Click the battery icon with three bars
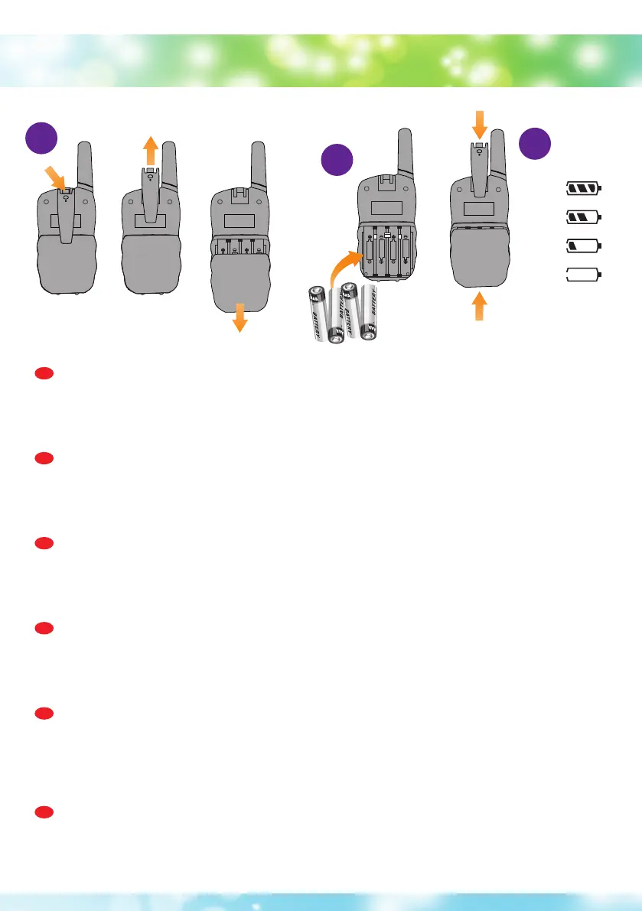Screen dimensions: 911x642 [x=584, y=187]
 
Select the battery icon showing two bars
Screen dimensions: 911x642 [x=584, y=217]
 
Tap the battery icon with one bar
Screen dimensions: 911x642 [x=584, y=246]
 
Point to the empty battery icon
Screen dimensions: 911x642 [x=584, y=274]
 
